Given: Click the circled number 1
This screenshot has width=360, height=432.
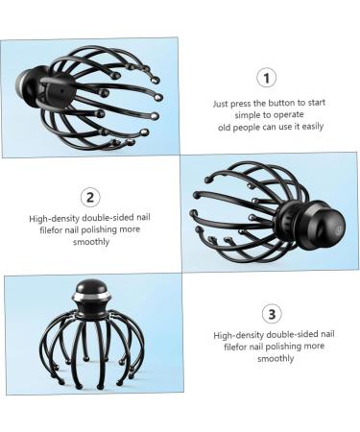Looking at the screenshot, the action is tap(266, 78).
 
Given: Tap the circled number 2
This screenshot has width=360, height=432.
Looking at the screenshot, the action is tap(90, 197).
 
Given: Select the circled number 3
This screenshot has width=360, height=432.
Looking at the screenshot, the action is tap(272, 314).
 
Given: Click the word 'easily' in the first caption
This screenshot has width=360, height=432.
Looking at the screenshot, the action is tap(313, 127).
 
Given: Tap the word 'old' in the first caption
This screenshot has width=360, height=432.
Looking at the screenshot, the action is tap(225, 127).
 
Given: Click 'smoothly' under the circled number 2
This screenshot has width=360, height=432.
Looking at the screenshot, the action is tap(91, 242).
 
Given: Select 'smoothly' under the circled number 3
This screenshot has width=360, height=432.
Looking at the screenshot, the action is tap(276, 358).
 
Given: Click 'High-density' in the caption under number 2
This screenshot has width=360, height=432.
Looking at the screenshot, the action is tap(54, 219).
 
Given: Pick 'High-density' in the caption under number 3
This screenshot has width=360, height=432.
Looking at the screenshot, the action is tap(238, 335).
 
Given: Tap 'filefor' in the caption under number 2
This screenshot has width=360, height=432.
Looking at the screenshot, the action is tap(51, 230).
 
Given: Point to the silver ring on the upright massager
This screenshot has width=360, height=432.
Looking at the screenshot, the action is tap(91, 298).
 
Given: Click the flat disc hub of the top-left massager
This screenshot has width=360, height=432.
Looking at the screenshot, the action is tap(60, 92).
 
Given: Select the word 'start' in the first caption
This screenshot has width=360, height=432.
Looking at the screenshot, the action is tap(317, 103).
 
